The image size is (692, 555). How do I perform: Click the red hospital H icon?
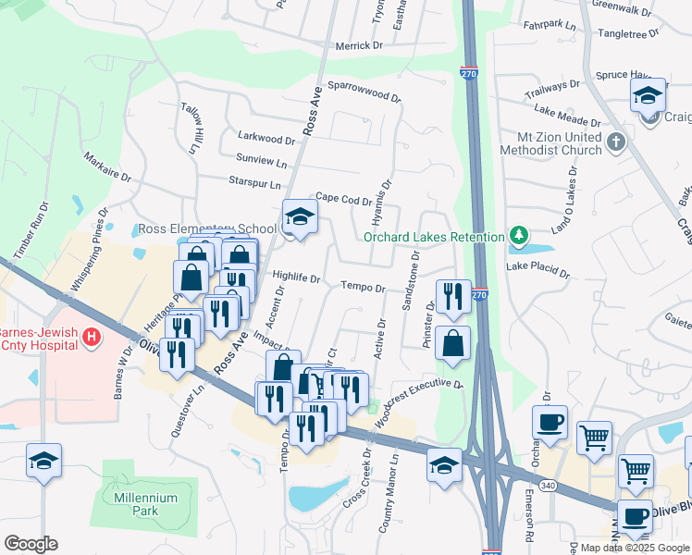(91, 338)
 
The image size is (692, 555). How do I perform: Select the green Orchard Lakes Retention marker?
(519, 236)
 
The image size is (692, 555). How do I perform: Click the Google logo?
(31, 544)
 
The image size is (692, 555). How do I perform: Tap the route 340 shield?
(547, 485)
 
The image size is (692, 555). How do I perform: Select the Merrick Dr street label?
(358, 45)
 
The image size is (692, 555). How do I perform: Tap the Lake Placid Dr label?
(538, 270)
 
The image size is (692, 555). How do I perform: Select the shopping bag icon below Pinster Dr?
(452, 343)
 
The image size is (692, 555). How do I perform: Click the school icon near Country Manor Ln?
(445, 465)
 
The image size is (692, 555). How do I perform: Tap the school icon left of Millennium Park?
(43, 461)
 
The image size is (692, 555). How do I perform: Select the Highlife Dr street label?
(296, 277)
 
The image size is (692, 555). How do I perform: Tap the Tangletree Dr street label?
(628, 32)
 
